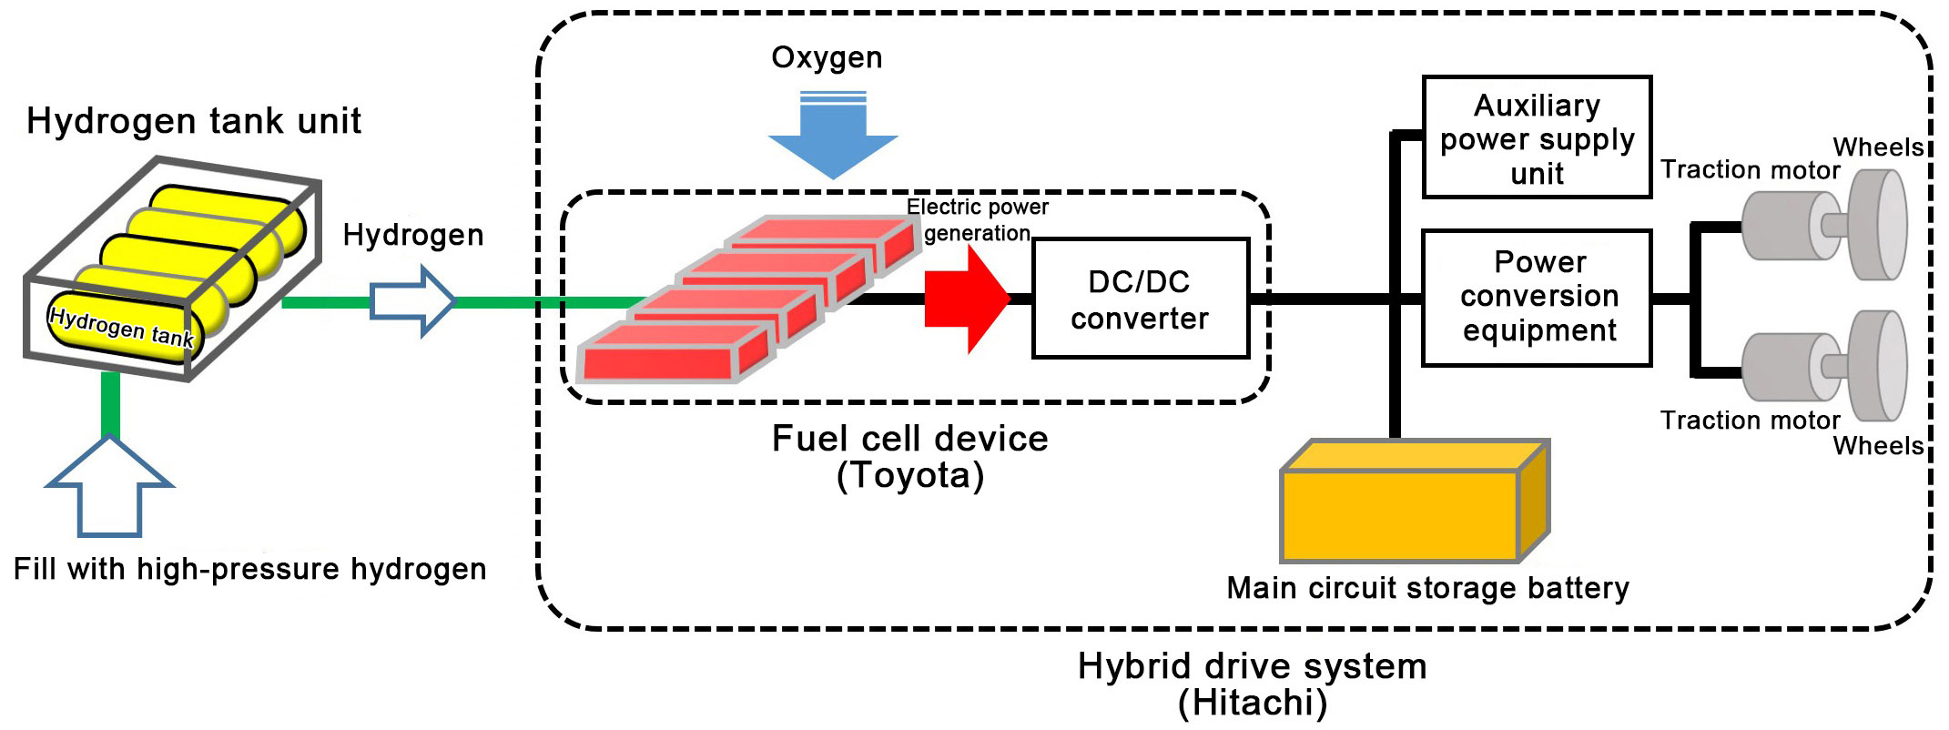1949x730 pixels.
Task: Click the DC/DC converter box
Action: click(x=1140, y=299)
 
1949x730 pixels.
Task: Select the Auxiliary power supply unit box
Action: click(x=1537, y=137)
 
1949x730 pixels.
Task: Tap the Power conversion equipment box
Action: click(x=1537, y=298)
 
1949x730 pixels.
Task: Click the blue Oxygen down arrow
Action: click(x=833, y=135)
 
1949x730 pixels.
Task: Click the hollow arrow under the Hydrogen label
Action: click(x=412, y=301)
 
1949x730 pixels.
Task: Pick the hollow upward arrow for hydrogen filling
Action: click(x=109, y=485)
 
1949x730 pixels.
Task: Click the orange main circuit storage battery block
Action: click(x=1415, y=502)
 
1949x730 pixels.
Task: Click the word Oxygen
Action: click(x=827, y=58)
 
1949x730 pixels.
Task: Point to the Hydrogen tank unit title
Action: click(x=194, y=121)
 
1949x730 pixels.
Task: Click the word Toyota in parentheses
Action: click(x=910, y=475)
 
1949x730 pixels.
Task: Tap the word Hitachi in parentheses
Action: click(x=1253, y=703)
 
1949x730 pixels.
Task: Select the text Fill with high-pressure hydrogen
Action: click(x=250, y=570)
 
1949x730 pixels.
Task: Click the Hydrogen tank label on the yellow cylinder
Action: click(x=121, y=327)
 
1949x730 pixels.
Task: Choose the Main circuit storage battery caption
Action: click(x=1427, y=588)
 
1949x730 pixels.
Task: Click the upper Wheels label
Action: click(x=1878, y=147)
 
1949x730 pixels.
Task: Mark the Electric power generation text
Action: click(x=978, y=220)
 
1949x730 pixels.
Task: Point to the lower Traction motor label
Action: click(x=1750, y=421)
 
